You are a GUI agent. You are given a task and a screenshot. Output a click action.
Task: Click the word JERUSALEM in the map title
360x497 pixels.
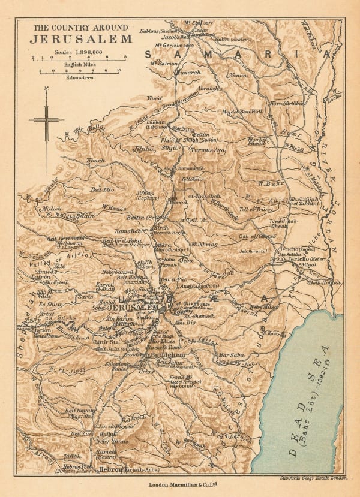click(x=82, y=39)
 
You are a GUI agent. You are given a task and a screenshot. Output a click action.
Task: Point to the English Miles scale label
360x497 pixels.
click(x=79, y=64)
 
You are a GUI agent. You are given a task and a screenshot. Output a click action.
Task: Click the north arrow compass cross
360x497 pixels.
click(x=46, y=120)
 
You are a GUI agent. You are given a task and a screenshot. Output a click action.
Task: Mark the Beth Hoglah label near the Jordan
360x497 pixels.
click(x=326, y=282)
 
